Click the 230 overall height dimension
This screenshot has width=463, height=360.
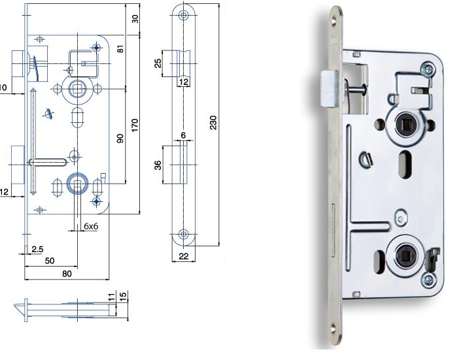pos(213,123)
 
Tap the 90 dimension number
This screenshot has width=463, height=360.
pos(120,139)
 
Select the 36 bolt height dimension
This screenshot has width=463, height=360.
pos(158,165)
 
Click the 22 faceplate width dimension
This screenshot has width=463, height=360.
pos(184,256)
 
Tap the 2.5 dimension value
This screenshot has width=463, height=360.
pos(37,249)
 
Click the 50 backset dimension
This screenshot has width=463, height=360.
pos(50,261)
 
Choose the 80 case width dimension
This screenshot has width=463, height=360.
pos(67,274)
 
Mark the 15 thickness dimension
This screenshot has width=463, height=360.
pos(122,297)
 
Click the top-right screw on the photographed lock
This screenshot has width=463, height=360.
pos(428,68)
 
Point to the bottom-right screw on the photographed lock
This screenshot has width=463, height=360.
pos(428,281)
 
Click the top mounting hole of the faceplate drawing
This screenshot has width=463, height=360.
pos(184,15)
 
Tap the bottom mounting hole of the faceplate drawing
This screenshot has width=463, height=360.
pos(184,233)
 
